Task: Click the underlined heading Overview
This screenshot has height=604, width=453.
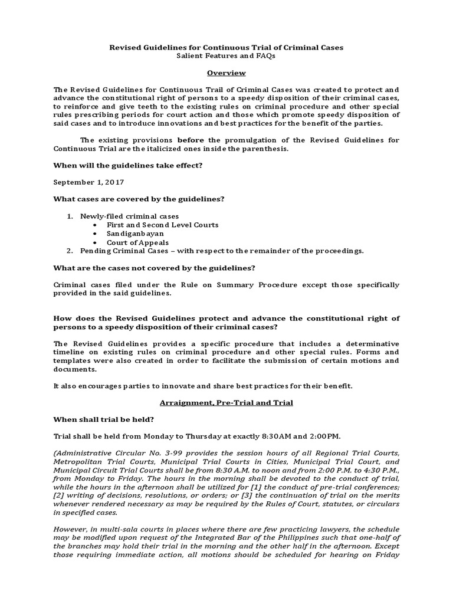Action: tap(226, 73)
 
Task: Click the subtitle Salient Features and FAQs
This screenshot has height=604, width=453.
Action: tap(226, 55)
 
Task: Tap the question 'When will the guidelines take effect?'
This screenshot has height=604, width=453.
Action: tap(128, 165)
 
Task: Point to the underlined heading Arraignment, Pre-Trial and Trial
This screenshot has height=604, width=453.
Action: tap(226, 402)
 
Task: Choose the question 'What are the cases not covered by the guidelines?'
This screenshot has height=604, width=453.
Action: tap(155, 268)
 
